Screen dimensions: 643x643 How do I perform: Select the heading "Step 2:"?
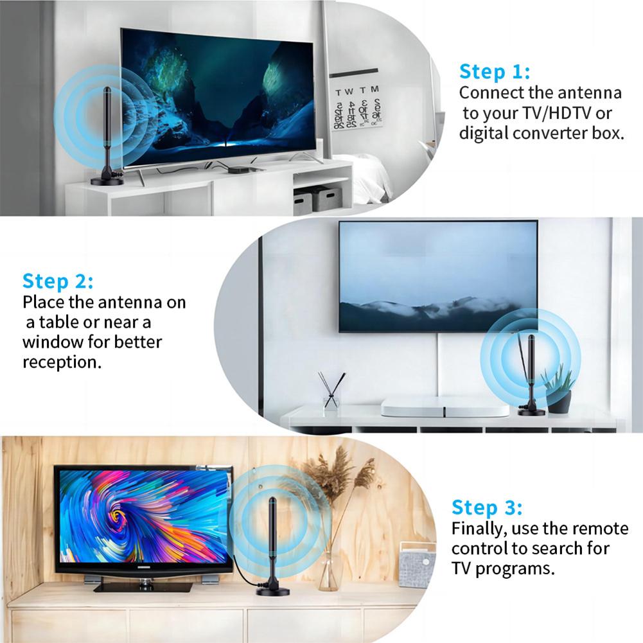58,281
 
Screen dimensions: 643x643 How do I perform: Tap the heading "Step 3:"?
487,507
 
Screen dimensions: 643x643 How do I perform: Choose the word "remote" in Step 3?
600,529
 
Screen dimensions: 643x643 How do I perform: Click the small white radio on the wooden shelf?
417,565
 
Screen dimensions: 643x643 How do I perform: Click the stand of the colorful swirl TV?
143,585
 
